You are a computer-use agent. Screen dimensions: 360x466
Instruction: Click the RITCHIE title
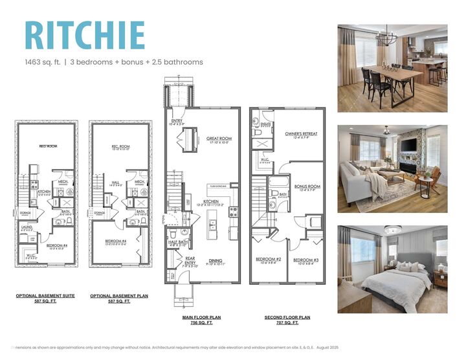pos(84,35)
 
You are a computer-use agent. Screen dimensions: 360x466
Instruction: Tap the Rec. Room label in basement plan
pos(120,147)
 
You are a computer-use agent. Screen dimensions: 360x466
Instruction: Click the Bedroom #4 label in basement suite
pos(56,245)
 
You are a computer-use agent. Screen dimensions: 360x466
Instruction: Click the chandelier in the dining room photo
pos(387,38)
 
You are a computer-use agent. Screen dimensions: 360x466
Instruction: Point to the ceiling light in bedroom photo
pos(393,230)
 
